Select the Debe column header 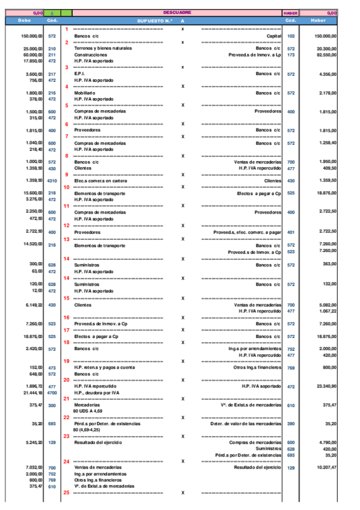[25, 20]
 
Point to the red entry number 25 [67, 492]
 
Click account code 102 [291, 36]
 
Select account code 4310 [52, 180]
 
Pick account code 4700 [52, 392]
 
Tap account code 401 [291, 232]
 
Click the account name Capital [273, 36]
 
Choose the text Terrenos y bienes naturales [103, 48]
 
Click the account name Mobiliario [85, 93]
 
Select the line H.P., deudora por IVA [96, 392]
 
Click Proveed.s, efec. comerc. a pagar [247, 232]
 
